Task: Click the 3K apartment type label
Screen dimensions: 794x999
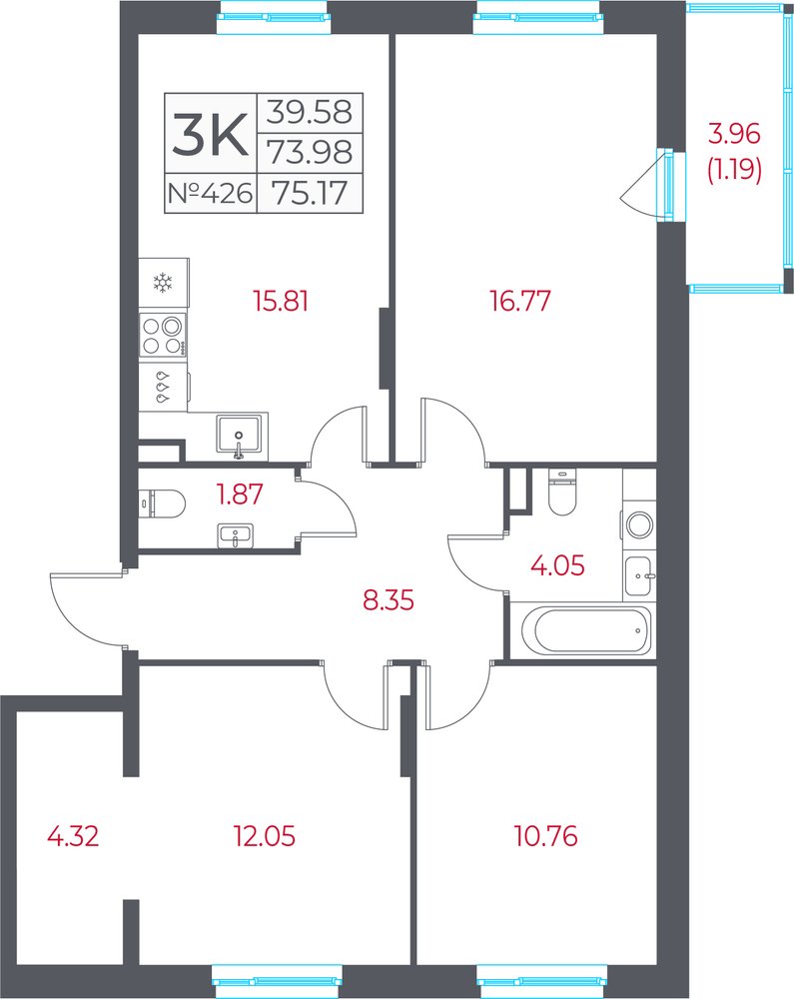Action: pos(210,134)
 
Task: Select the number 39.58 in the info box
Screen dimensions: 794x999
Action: pos(309,112)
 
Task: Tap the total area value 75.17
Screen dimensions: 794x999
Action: pos(310,193)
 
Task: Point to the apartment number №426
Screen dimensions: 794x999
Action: pos(210,193)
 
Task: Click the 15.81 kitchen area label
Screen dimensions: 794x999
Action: pos(281,301)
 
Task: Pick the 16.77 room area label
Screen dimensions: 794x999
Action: pos(520,301)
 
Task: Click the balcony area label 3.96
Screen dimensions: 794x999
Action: pos(735,134)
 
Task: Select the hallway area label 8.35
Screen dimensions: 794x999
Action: pos(389,599)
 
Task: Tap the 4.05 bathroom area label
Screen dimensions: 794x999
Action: pos(557,565)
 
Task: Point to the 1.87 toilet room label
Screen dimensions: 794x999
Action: pos(240,495)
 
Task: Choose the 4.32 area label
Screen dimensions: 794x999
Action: pos(73,836)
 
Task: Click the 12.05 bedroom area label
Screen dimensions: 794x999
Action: pos(265,836)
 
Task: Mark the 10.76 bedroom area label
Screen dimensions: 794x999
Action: pos(546,836)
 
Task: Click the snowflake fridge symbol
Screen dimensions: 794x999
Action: pos(164,283)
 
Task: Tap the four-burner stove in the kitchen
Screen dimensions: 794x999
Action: pos(163,336)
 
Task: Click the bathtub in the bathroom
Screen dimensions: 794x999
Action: pos(586,630)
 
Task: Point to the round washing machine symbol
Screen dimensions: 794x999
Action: pos(639,525)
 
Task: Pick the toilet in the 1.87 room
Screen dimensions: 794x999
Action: pos(162,502)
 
